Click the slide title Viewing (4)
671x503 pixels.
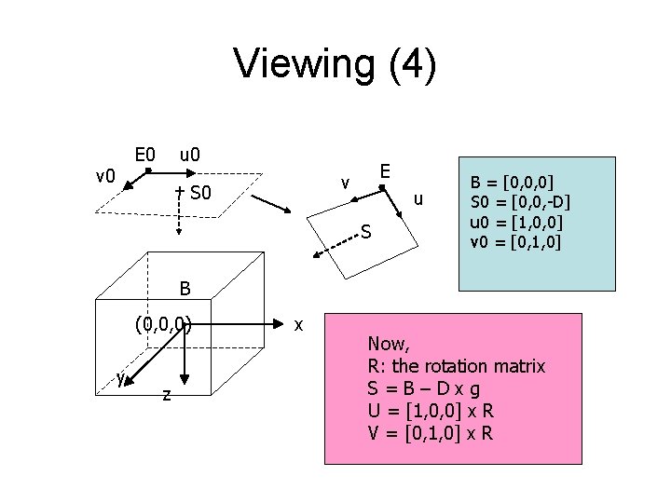point(335,65)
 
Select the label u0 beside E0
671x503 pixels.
point(194,152)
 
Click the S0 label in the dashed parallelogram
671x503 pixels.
point(201,195)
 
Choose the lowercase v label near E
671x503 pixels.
point(345,183)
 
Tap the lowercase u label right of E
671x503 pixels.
point(419,198)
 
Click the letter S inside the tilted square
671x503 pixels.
point(367,231)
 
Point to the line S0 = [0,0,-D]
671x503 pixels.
point(521,201)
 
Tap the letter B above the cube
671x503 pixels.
point(185,290)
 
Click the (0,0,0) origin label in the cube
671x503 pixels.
point(163,325)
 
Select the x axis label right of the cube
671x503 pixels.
point(297,324)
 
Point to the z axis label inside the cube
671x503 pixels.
point(165,395)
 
